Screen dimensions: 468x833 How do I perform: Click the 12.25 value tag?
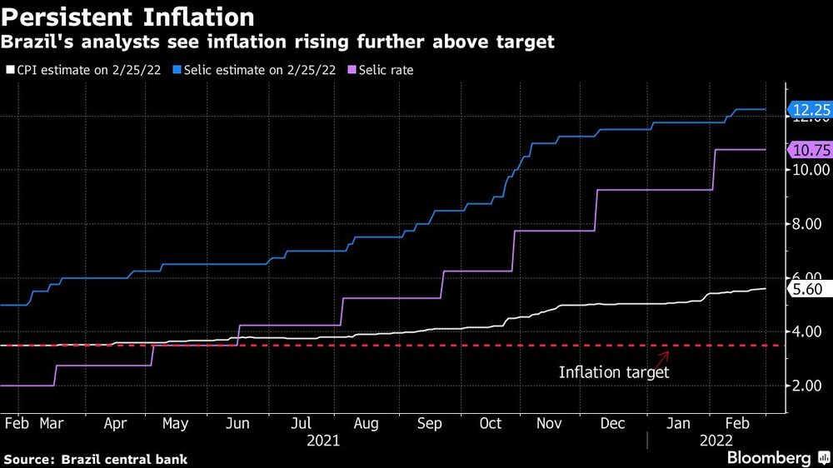click(x=811, y=109)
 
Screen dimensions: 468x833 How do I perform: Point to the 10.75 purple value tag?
click(x=811, y=150)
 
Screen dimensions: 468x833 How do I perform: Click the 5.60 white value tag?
click(x=807, y=288)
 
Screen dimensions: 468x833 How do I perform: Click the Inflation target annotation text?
click(x=613, y=372)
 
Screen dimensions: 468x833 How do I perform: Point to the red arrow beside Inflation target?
click(x=663, y=357)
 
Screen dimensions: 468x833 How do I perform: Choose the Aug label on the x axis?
click(x=367, y=424)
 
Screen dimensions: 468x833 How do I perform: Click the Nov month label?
click(x=549, y=424)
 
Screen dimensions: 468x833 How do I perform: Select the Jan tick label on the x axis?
click(x=679, y=424)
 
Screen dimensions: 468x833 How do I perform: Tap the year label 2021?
click(x=322, y=441)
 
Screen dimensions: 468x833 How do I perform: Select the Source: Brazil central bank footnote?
click(x=96, y=459)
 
